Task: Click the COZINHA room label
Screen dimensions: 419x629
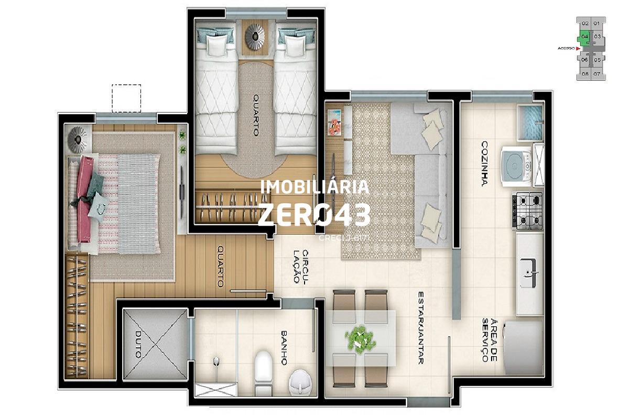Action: [x=485, y=163]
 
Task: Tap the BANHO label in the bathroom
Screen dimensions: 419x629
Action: [x=284, y=347]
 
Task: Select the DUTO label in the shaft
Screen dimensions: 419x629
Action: [x=137, y=344]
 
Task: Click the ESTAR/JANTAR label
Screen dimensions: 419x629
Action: [x=421, y=328]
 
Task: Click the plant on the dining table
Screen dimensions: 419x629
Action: [x=360, y=339]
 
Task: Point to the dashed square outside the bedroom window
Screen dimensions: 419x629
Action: [x=126, y=98]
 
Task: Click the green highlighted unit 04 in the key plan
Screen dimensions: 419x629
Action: [x=584, y=37]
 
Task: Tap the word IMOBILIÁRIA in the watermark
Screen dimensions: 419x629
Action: [x=314, y=187]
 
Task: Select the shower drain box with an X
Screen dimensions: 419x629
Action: [x=216, y=390]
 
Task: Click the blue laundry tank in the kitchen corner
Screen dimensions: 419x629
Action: [x=530, y=122]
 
